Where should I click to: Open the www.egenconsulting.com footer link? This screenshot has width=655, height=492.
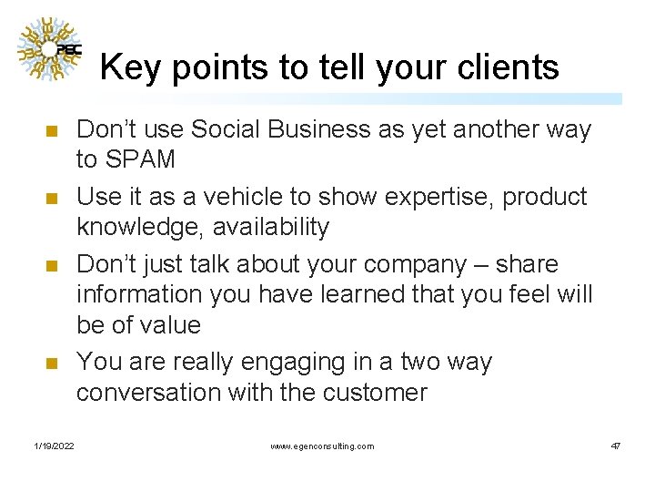click(322, 446)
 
